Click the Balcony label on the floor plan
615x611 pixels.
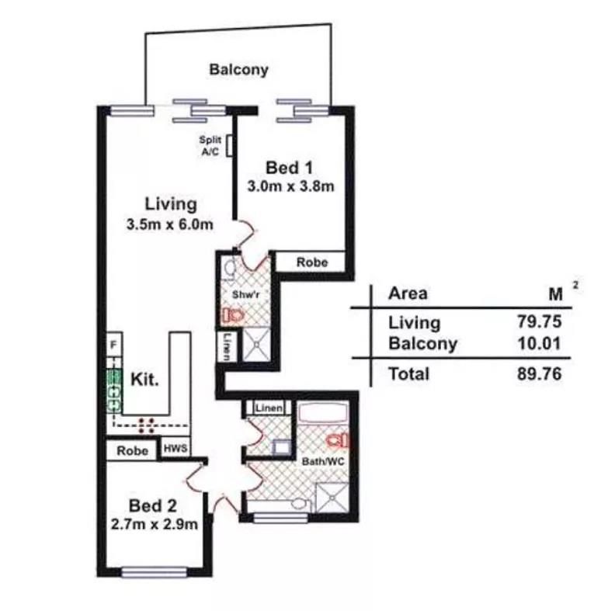[239, 69]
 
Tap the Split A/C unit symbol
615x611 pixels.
[229, 146]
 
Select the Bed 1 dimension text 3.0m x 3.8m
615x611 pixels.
[290, 186]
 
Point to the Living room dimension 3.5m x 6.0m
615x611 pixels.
[170, 224]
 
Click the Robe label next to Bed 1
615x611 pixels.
[312, 262]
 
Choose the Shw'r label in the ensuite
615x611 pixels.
[245, 294]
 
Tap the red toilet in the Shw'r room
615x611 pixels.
[234, 315]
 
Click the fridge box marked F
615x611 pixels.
[114, 345]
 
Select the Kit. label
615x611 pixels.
[144, 379]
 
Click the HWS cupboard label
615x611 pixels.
[175, 448]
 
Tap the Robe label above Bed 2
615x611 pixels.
[133, 450]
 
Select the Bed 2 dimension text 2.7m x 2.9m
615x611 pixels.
[155, 524]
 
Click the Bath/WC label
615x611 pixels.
[323, 461]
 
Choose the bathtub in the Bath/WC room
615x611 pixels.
[323, 412]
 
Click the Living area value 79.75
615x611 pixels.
[540, 322]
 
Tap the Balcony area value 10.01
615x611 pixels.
[540, 343]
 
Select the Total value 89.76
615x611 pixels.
[540, 373]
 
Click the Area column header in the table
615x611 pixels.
[408, 293]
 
